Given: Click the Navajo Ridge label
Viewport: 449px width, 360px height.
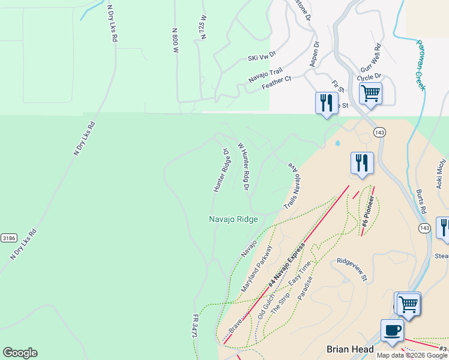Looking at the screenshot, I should pyautogui.click(x=234, y=220).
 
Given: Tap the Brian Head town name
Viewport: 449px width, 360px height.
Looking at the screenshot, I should pyautogui.click(x=350, y=349).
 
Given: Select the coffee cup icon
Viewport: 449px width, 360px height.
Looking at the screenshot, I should pyautogui.click(x=392, y=330).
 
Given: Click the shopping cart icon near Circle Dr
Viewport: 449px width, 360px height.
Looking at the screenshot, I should pyautogui.click(x=371, y=93).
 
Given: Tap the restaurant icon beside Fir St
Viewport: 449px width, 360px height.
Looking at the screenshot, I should pyautogui.click(x=325, y=102).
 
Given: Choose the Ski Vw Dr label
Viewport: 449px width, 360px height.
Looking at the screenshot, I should pyautogui.click(x=262, y=56).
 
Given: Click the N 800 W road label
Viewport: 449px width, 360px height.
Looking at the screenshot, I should pyautogui.click(x=175, y=40).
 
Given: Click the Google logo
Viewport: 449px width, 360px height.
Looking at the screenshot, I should pyautogui.click(x=20, y=353).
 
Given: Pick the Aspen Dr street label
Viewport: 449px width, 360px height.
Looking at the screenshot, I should pyautogui.click(x=314, y=53).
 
